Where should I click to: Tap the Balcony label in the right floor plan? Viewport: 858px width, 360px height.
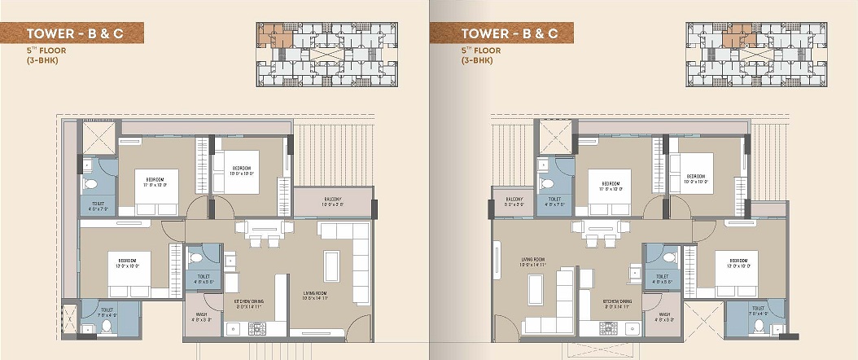[x=514, y=201]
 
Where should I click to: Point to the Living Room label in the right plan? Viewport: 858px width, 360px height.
[x=532, y=263]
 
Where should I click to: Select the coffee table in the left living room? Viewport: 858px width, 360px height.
[x=331, y=266]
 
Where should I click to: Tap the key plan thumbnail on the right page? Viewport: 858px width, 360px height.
[x=756, y=53]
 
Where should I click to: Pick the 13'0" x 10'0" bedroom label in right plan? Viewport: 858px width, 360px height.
[x=737, y=266]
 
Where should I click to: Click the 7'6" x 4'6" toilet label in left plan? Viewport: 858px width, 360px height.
[x=107, y=312]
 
